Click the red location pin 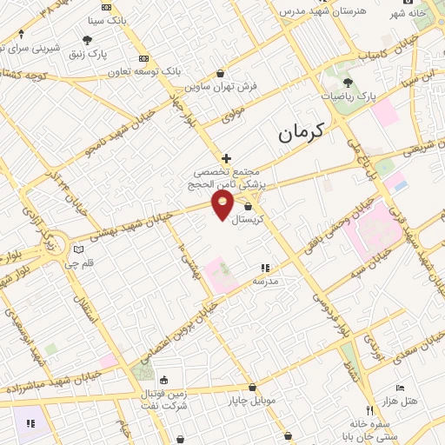[x=223, y=204]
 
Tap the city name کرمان [x=301, y=134]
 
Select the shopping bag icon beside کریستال [x=249, y=207]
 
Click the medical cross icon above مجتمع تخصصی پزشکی [x=226, y=158]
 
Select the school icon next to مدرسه [x=264, y=269]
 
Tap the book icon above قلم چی [x=79, y=249]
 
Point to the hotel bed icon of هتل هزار [x=400, y=387]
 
